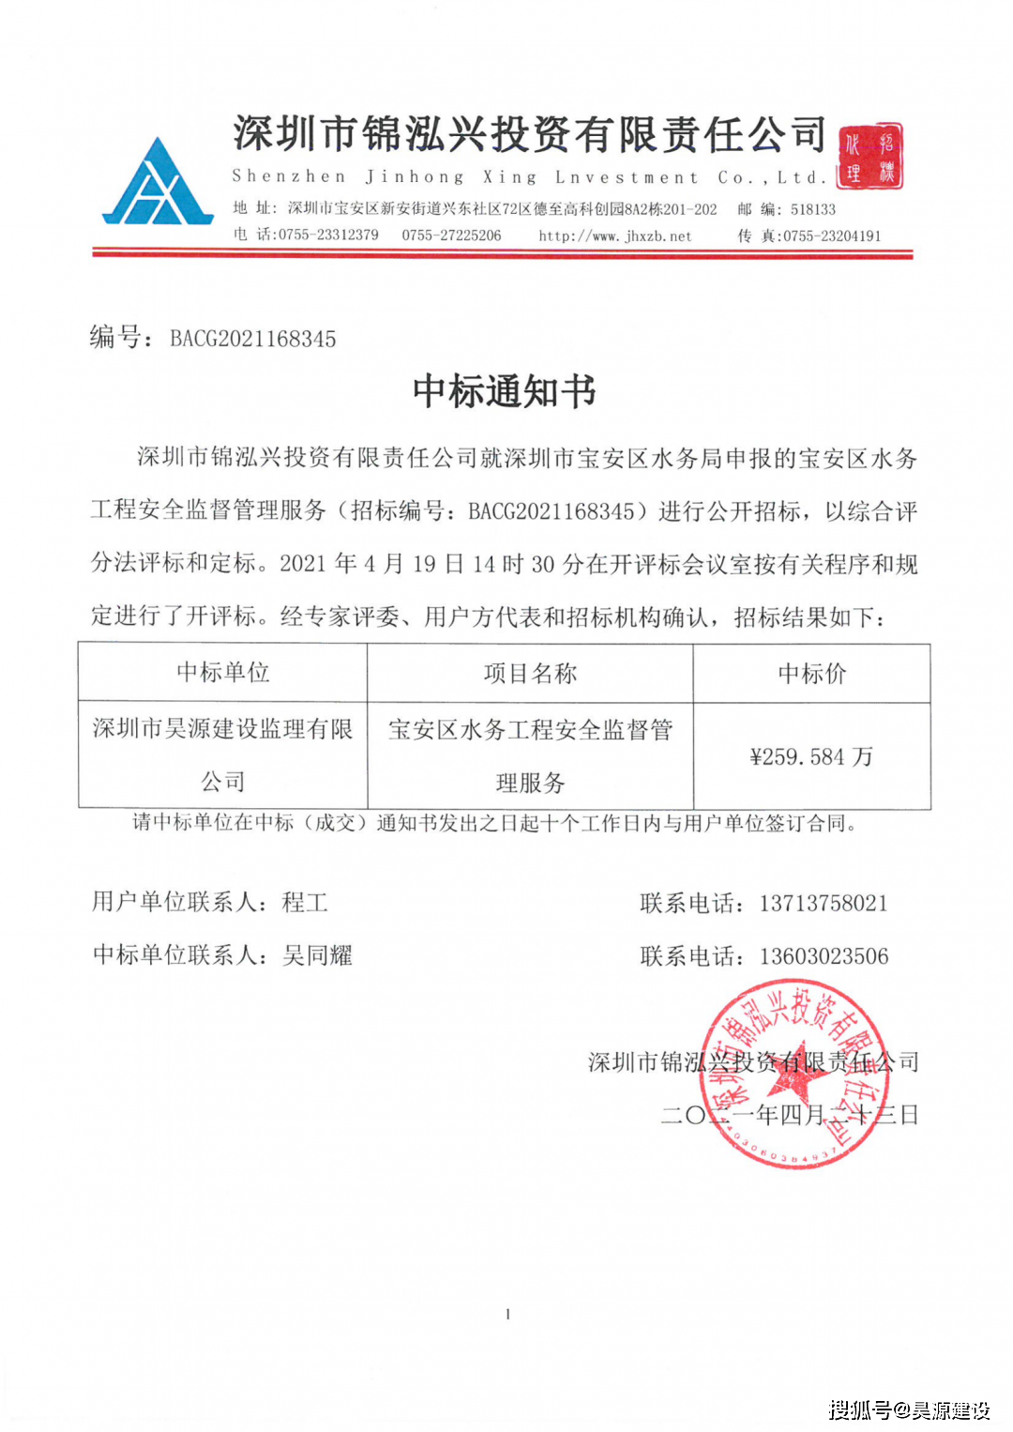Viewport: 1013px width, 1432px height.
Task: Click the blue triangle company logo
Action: tap(158, 183)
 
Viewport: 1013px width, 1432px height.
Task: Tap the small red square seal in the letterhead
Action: tap(869, 157)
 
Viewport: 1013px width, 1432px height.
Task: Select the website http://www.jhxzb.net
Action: tap(614, 236)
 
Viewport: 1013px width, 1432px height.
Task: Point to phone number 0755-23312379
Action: tap(328, 235)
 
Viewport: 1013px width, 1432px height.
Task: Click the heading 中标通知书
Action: tap(504, 391)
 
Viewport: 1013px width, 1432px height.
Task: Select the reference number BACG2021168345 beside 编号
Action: tap(253, 339)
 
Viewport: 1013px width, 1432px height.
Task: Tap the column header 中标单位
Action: tap(222, 672)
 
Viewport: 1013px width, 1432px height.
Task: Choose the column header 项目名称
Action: tap(530, 673)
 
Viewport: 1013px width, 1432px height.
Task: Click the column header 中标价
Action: tap(811, 673)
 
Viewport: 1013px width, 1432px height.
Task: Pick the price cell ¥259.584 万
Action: tap(811, 756)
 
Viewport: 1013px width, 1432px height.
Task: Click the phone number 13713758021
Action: tap(823, 903)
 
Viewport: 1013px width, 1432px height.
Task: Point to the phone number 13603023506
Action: tap(824, 956)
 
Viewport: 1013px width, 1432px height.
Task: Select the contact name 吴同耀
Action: tap(317, 955)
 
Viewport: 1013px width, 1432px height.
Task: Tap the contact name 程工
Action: tap(305, 903)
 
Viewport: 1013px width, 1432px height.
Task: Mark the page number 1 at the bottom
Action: tap(507, 1314)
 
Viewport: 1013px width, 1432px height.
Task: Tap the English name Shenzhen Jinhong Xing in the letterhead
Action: tap(385, 176)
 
